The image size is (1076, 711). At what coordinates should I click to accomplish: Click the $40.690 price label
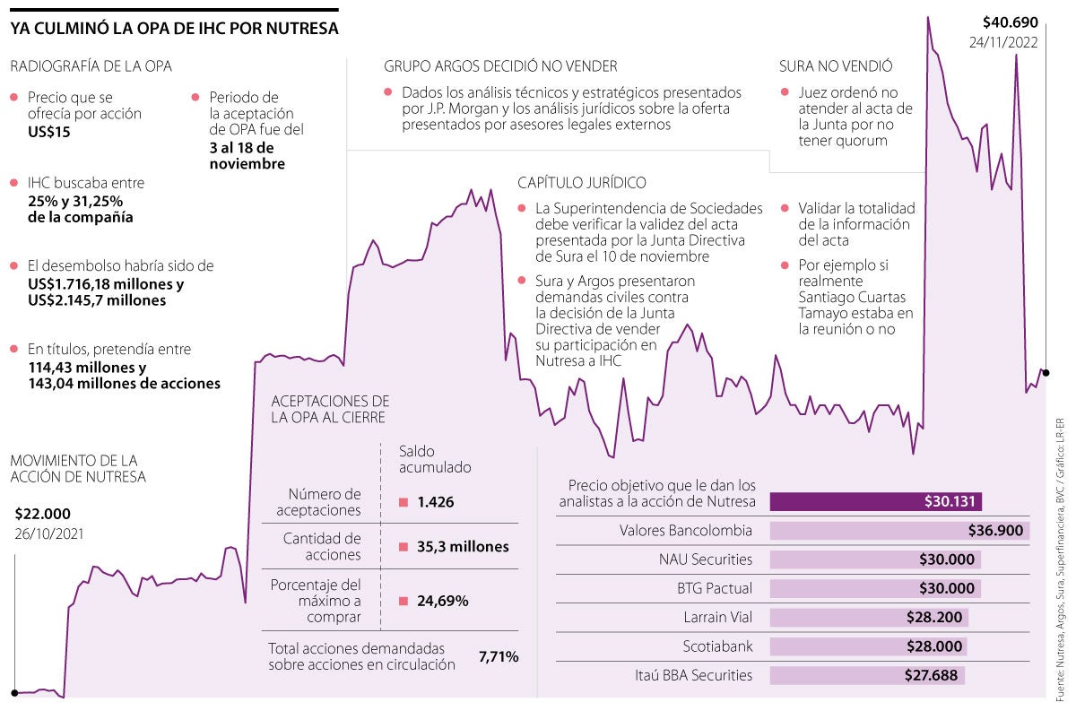[x=1010, y=22]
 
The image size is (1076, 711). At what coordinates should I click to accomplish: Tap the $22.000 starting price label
[x=42, y=514]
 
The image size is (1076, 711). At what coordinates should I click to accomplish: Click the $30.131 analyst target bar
[x=876, y=501]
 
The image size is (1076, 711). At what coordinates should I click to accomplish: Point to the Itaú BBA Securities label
[x=693, y=675]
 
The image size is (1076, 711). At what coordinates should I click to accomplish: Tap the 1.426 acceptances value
[x=436, y=502]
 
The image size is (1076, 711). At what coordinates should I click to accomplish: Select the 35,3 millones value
[x=463, y=547]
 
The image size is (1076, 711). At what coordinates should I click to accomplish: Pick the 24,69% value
[x=442, y=601]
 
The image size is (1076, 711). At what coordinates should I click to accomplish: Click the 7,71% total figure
[x=499, y=656]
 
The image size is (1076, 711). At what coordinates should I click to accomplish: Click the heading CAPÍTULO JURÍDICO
[x=581, y=183]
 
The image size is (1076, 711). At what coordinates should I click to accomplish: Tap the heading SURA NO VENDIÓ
[x=836, y=66]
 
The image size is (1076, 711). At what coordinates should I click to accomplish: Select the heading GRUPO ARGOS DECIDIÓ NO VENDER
[x=500, y=66]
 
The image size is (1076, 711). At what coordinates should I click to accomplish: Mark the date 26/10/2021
[x=49, y=535]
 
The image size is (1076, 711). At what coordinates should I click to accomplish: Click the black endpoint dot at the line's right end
[x=1046, y=372]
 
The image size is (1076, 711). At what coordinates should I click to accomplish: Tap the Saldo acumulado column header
[x=435, y=459]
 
